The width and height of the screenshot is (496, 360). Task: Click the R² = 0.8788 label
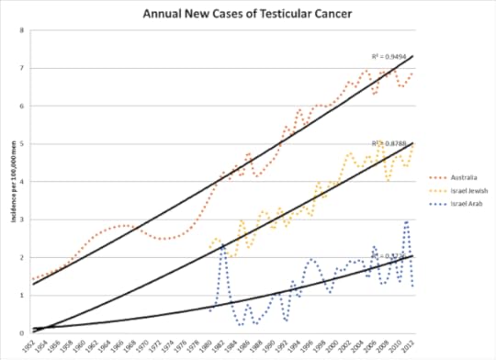point(386,144)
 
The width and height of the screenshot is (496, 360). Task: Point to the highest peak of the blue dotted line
point(407,221)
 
